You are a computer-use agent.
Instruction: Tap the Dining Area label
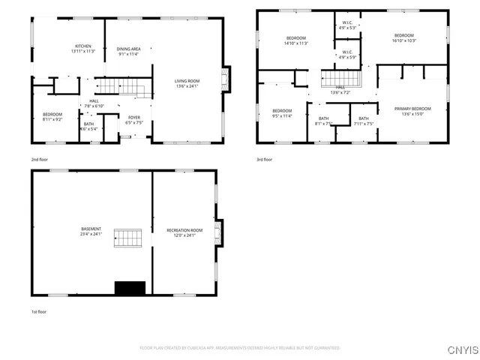point(129,52)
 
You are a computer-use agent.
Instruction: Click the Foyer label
point(133,120)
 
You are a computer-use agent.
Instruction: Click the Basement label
point(91,232)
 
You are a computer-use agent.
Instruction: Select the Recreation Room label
point(184,232)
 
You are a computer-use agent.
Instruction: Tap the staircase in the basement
point(127,238)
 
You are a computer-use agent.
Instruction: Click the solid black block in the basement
point(129,288)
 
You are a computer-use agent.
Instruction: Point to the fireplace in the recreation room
point(218,232)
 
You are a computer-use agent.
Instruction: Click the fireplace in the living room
point(225,79)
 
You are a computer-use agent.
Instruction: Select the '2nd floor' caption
point(40,160)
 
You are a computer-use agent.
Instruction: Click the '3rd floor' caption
point(264,160)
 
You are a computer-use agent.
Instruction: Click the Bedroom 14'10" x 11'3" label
point(296,41)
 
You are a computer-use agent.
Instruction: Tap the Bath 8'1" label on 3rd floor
point(323,121)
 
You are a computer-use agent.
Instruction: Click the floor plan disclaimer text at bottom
point(240,348)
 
